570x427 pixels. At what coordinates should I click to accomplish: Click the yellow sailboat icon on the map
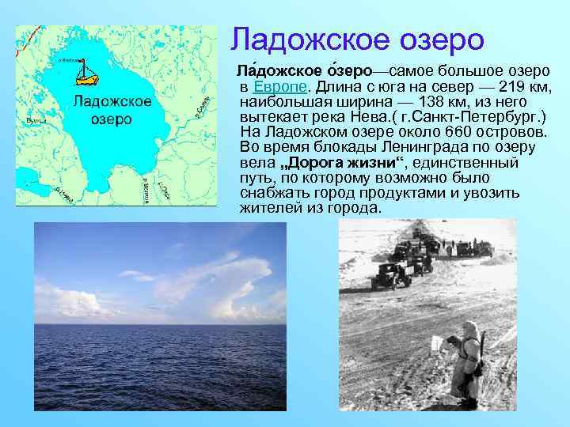point(86,73)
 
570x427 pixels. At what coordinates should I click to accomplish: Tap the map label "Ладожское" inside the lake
point(112,102)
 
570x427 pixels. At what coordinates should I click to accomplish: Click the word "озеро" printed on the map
point(112,120)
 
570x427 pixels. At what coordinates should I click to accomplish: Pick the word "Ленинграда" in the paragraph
point(420,146)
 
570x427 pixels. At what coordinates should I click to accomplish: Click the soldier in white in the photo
point(467,356)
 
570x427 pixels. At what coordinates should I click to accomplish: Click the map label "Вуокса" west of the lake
point(34,120)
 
